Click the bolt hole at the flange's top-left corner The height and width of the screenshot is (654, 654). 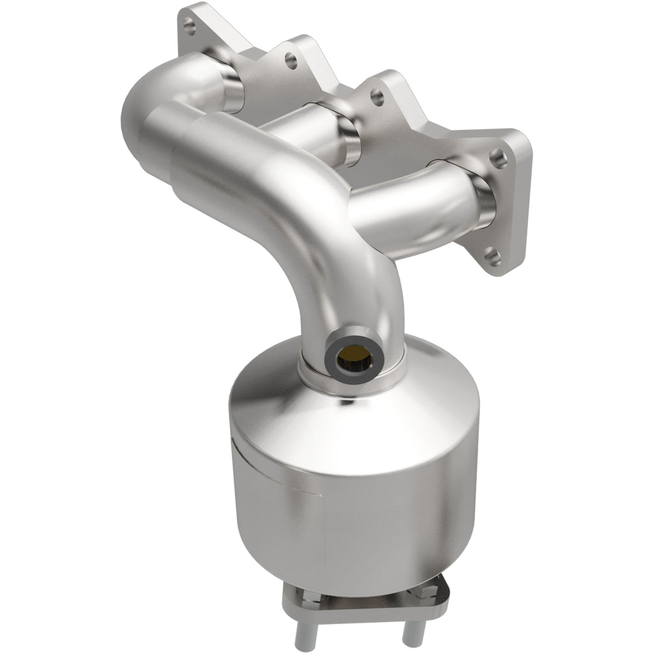pos(188,26)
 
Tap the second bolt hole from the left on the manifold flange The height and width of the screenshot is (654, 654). pos(291,61)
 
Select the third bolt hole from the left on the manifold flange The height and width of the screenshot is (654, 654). pos(377,98)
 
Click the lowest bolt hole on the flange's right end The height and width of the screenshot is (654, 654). pos(491,256)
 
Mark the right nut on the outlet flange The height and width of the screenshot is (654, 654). pos(422,591)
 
